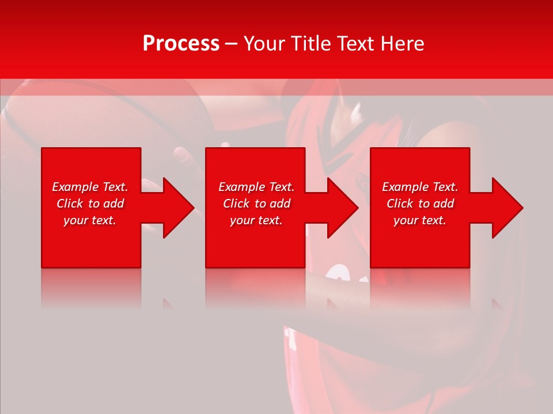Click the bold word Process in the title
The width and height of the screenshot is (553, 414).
coord(181,44)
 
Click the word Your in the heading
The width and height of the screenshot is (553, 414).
coord(264,44)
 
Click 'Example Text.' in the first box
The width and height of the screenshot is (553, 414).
coord(90,187)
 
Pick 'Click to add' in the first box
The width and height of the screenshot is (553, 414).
coord(90,204)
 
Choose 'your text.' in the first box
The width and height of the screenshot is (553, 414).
coord(90,220)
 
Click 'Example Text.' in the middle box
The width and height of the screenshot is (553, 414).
coord(256,187)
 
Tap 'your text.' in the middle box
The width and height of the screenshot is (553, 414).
coord(256,220)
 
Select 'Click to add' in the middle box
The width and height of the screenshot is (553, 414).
coord(256,204)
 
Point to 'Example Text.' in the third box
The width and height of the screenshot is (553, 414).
coord(420,187)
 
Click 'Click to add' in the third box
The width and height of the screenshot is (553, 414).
coord(420,204)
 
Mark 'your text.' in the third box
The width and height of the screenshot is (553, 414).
coord(420,220)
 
